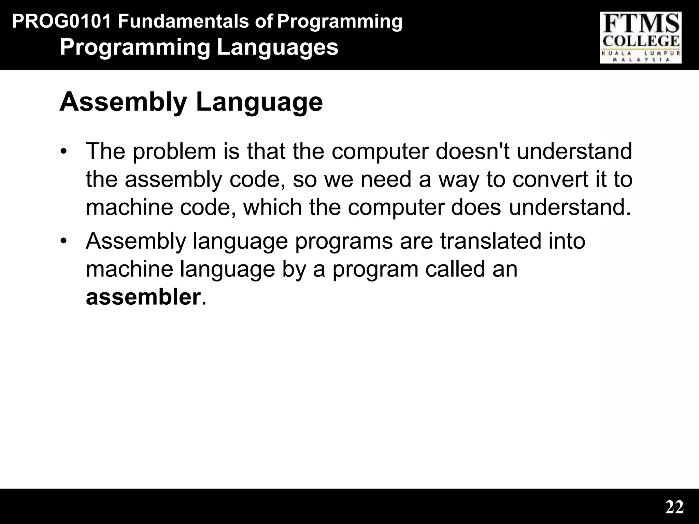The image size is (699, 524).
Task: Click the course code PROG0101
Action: click(62, 22)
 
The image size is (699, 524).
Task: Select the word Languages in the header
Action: click(277, 48)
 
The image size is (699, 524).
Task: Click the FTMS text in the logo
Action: click(641, 25)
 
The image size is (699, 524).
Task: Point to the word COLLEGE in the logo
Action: click(641, 42)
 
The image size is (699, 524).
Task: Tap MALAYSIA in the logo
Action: click(641, 59)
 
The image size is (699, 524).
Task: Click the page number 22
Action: click(674, 507)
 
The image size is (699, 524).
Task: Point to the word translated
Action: click(490, 241)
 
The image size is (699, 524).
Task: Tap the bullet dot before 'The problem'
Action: click(63, 152)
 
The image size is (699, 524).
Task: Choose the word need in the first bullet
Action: click(385, 179)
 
